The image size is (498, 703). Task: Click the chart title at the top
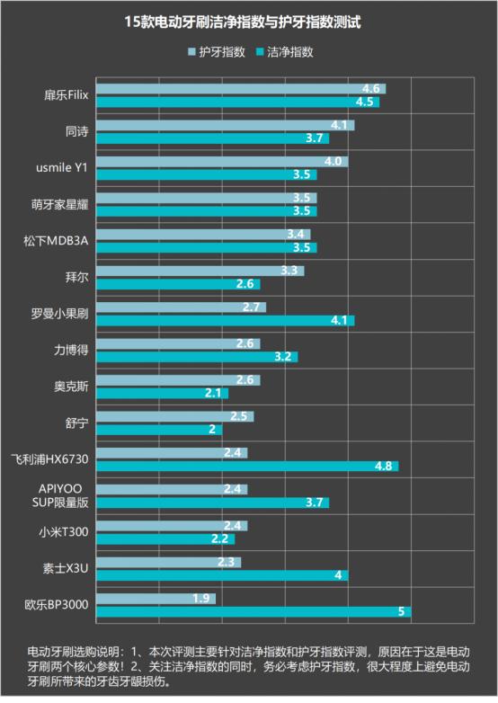pos(248,21)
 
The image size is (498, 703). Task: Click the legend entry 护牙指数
pos(221,52)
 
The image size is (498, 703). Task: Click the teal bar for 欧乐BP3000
pos(253,612)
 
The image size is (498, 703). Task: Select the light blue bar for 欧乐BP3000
pos(156,598)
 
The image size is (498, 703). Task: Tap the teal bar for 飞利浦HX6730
pos(246,466)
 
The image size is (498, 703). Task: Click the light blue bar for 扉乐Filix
pos(240,89)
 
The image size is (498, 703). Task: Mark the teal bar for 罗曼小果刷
pos(225,320)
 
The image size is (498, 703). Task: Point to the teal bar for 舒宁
pos(158,430)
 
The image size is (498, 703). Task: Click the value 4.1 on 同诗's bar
pos(339,125)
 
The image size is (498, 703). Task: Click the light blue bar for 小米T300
pos(171,525)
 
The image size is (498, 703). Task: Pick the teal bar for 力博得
pos(196,357)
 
